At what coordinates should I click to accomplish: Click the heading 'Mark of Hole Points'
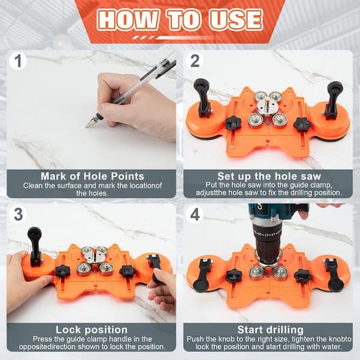[92, 176]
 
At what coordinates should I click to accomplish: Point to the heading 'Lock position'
[92, 329]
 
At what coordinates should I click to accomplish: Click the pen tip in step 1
[89, 124]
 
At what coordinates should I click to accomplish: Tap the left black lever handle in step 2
[202, 96]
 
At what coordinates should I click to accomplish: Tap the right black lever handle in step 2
[333, 96]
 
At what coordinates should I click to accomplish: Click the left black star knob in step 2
[233, 123]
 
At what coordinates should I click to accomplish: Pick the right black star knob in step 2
[302, 124]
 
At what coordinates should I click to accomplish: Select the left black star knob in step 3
[62, 271]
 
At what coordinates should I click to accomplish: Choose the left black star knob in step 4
[233, 275]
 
